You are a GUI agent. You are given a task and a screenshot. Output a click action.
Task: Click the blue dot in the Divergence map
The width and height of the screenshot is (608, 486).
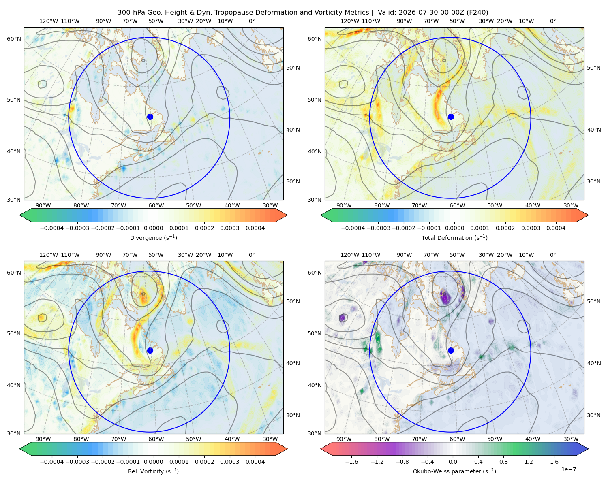(150, 117)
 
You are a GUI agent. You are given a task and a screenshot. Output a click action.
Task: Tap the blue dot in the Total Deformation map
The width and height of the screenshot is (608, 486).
(451, 117)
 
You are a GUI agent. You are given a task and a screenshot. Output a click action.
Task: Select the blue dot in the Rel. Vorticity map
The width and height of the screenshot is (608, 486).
(150, 350)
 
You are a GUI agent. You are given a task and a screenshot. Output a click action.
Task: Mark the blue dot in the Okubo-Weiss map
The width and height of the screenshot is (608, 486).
(451, 350)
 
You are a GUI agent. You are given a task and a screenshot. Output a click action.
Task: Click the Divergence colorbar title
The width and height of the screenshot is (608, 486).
(153, 238)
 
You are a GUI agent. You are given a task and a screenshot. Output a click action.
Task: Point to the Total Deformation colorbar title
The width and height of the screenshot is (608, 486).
(454, 238)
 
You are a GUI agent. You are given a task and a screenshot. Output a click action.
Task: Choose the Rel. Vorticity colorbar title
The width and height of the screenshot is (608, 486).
(153, 471)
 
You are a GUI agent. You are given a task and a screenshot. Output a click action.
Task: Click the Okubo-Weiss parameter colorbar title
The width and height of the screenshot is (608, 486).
(454, 471)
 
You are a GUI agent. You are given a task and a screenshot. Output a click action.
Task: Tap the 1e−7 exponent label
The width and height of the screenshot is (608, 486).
(568, 469)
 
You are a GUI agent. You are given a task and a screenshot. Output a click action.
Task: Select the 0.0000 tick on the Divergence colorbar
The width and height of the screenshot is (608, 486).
(153, 228)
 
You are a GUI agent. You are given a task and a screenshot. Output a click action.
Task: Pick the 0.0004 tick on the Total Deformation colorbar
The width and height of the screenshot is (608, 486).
(556, 228)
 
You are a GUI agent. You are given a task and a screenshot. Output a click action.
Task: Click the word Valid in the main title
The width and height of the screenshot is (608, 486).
(385, 13)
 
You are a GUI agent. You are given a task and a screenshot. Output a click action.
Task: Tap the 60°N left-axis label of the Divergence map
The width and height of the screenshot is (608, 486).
(14, 39)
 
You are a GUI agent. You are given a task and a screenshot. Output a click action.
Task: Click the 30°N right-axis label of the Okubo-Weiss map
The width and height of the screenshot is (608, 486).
(594, 415)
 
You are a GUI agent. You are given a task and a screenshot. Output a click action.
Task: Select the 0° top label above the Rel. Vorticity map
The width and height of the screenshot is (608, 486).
(252, 255)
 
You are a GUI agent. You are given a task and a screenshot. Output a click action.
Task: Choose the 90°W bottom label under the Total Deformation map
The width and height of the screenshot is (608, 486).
(344, 205)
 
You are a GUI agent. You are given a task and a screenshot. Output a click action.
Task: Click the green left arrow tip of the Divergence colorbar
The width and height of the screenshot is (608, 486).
(20, 215)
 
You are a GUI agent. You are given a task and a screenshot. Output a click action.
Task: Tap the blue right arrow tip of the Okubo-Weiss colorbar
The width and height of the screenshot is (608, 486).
(588, 449)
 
